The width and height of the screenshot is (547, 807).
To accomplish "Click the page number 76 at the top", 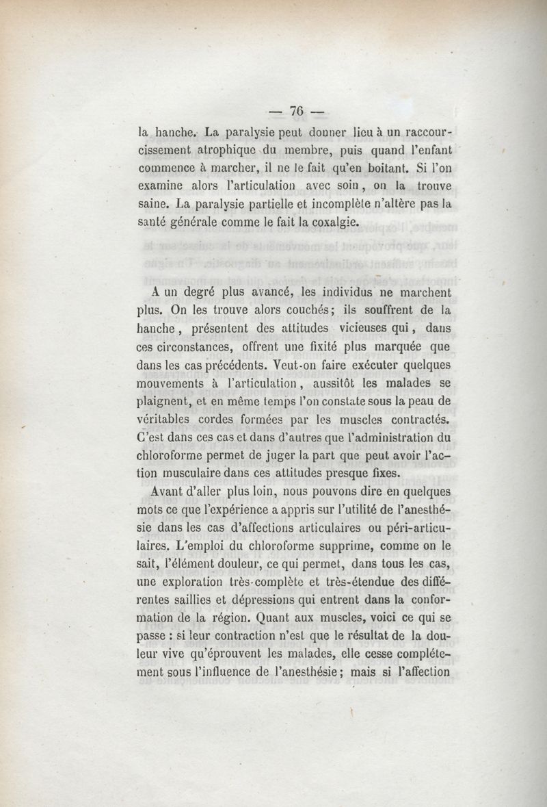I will pos(296,111).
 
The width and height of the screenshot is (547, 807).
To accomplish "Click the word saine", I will pos(154,204).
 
